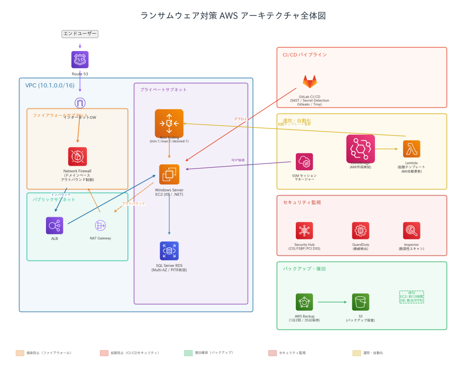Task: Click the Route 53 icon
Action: click(x=80, y=60)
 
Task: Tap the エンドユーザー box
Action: click(x=80, y=34)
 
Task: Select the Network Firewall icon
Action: click(x=77, y=157)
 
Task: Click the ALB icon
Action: click(x=55, y=225)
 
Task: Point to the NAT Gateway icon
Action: click(x=100, y=225)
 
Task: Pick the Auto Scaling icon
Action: click(x=169, y=123)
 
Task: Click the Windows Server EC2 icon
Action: click(x=169, y=174)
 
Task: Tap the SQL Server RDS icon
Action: click(x=169, y=251)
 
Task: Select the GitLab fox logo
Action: click(x=310, y=82)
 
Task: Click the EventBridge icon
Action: click(x=360, y=149)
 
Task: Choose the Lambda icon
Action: click(x=411, y=149)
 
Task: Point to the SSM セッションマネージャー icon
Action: click(x=304, y=162)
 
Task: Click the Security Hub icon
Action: click(x=304, y=231)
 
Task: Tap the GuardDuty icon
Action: click(x=360, y=231)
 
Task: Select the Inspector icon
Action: click(x=411, y=231)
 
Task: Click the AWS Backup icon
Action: click(x=304, y=302)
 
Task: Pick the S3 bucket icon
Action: click(x=360, y=302)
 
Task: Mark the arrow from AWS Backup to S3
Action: click(x=332, y=302)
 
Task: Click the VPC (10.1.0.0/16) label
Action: click(x=50, y=86)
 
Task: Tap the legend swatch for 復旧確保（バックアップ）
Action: click(x=188, y=353)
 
